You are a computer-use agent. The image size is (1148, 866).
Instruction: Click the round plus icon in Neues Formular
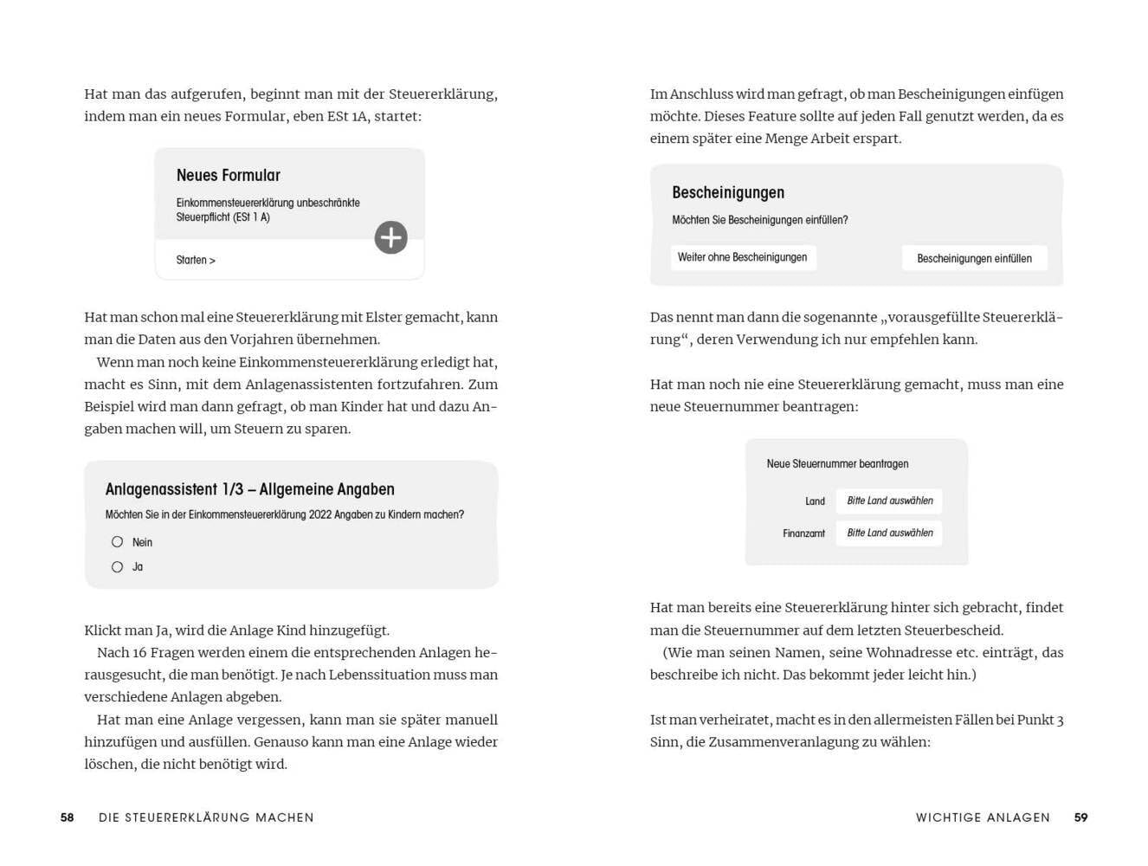click(390, 237)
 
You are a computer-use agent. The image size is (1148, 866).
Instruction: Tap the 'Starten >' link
click(196, 260)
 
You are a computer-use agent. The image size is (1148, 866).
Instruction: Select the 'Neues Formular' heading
click(229, 176)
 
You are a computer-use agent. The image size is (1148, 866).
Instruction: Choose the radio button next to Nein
click(118, 542)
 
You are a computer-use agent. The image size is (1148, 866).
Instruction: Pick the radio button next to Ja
click(118, 567)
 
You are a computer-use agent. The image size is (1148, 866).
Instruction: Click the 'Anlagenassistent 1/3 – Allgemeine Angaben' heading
click(250, 489)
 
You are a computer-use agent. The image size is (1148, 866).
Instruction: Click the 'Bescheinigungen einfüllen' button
click(974, 258)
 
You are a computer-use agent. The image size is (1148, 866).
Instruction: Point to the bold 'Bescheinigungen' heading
click(728, 193)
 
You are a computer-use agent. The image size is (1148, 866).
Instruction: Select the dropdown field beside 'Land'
click(889, 501)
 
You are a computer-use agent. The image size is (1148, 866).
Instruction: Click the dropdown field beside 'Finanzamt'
click(889, 533)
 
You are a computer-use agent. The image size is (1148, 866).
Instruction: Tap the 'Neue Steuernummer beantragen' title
click(837, 464)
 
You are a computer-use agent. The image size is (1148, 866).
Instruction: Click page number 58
click(68, 818)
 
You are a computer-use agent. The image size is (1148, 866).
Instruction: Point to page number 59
click(1080, 818)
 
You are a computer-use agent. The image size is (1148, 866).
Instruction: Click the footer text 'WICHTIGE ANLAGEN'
click(983, 818)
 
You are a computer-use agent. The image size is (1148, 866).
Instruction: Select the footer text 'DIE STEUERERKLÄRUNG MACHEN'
click(206, 818)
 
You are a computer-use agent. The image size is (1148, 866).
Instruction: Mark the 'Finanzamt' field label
click(803, 533)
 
